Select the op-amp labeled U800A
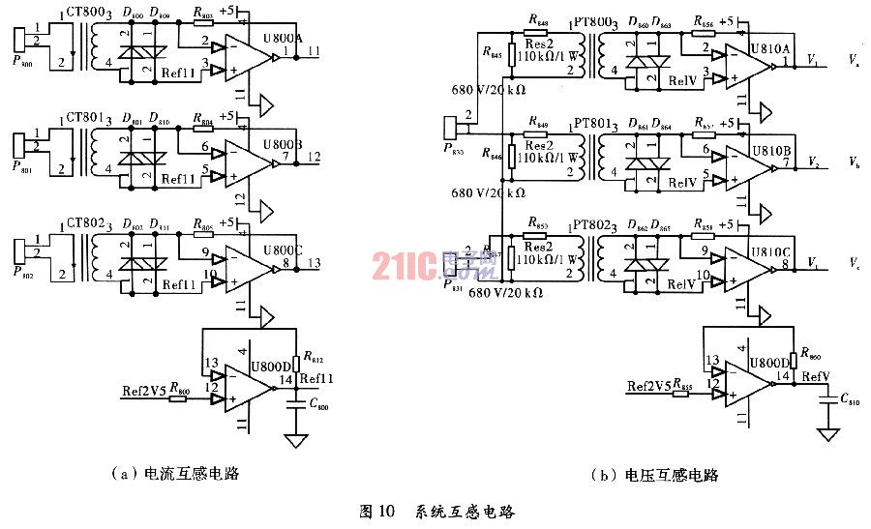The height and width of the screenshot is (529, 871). tap(248, 56)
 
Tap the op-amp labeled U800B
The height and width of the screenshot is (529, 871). tap(248, 158)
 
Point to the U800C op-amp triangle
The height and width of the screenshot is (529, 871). tap(248, 260)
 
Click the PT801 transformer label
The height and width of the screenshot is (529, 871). tap(591, 124)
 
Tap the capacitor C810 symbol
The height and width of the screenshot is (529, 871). tap(827, 398)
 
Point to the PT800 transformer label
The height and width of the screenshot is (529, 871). tap(591, 20)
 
